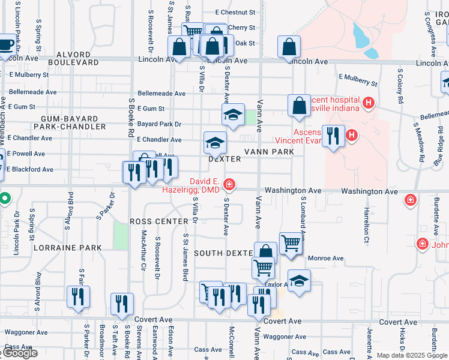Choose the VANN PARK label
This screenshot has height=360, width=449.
(268, 152)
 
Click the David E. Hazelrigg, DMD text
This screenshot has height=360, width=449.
(190, 185)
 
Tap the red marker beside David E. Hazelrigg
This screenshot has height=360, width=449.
(229, 183)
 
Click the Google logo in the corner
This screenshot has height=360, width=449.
(19, 353)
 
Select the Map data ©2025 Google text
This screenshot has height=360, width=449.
(412, 355)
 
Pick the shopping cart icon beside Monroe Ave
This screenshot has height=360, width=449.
(291, 244)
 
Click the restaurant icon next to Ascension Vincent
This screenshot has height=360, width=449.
(333, 136)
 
